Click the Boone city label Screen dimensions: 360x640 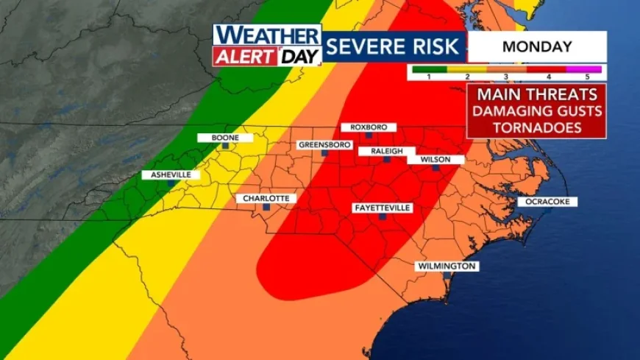(225, 138)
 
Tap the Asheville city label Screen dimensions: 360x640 (171, 174)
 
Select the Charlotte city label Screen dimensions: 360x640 (266, 199)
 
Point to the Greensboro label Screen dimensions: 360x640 (324, 145)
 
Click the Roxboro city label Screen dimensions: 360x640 (368, 127)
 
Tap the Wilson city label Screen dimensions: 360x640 (435, 160)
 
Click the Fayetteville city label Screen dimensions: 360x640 (382, 208)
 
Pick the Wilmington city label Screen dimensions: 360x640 (447, 266)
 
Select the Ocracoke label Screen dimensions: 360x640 (547, 202)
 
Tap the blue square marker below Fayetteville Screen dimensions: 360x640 (382, 218)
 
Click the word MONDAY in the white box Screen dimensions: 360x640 (537, 46)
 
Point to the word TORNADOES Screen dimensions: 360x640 (536, 127)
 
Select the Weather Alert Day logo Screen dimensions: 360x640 (267, 46)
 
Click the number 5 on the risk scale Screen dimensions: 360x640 (587, 76)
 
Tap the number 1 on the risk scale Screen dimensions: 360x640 (428, 76)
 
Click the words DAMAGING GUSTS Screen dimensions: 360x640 (536, 111)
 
